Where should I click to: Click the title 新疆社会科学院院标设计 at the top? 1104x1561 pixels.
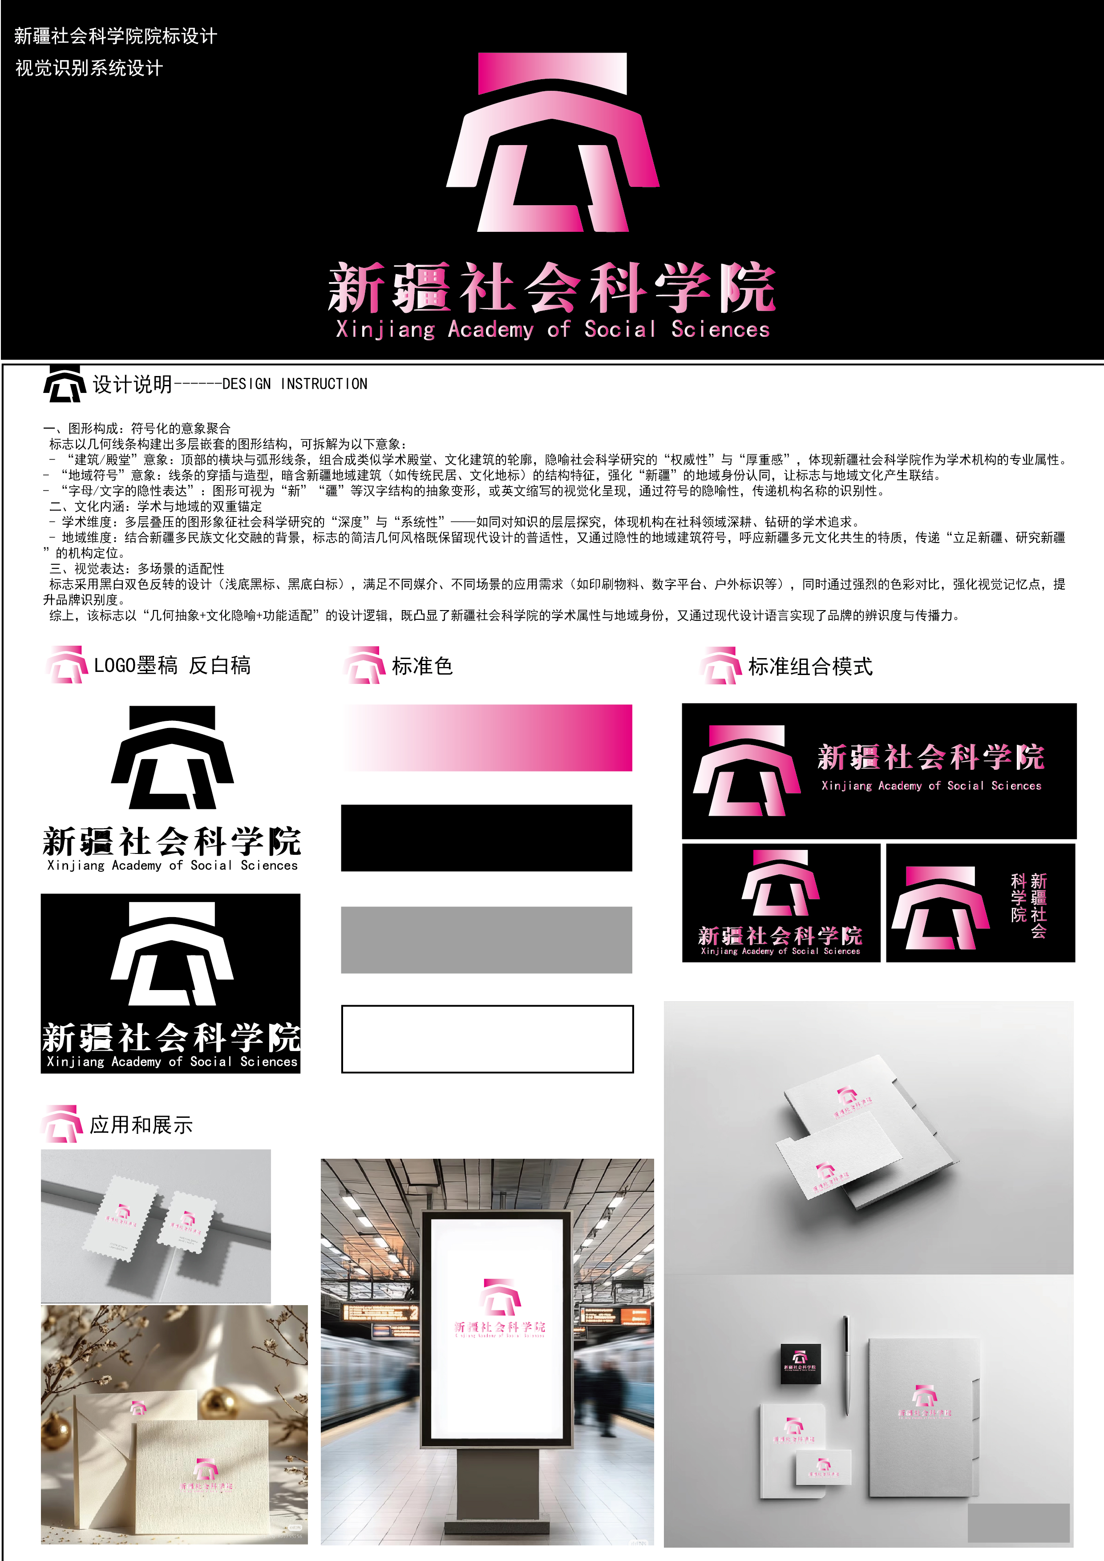click(x=116, y=36)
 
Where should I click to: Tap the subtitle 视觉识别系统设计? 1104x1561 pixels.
click(x=89, y=68)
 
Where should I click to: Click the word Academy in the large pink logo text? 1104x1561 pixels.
click(x=490, y=330)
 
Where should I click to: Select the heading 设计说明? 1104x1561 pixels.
click(x=133, y=384)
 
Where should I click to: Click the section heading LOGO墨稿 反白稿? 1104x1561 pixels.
click(x=172, y=666)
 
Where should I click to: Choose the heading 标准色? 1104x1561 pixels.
click(x=422, y=666)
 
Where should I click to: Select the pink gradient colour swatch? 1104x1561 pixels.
click(x=487, y=738)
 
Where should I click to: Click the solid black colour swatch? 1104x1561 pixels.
click(x=487, y=837)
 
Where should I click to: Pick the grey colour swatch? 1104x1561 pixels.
click(x=487, y=940)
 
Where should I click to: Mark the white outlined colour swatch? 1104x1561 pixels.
click(x=487, y=1039)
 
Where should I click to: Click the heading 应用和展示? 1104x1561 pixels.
click(x=142, y=1125)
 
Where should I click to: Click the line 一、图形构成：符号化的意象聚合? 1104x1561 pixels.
click(x=137, y=429)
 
